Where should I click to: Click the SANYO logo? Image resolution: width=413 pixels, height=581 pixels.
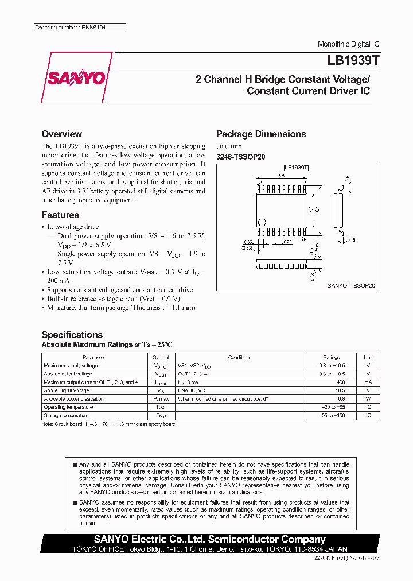[76, 78]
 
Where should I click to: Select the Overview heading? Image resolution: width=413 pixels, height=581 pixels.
[61, 134]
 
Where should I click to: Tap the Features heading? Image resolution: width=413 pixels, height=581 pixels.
[60, 215]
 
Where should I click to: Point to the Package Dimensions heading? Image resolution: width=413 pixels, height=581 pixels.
[260, 134]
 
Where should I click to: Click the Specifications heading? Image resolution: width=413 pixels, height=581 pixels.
[72, 335]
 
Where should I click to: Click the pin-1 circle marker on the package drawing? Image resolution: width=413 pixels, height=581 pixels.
[262, 222]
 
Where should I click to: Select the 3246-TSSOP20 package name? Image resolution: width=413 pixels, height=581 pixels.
[240, 157]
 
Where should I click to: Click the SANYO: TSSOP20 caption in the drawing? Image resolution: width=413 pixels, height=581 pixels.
[350, 285]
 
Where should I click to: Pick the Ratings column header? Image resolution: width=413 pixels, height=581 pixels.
[332, 357]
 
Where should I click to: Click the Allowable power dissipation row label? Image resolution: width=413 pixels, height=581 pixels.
[74, 398]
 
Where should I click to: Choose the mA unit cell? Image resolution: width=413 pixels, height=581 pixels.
[368, 382]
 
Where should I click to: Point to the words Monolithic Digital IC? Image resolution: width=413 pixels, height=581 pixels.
[348, 44]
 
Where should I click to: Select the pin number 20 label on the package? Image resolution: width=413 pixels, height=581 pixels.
[259, 183]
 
